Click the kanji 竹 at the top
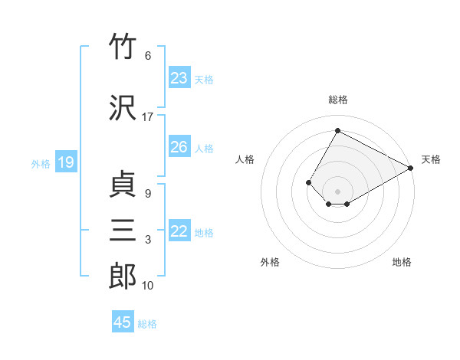[123, 45]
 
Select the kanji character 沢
[123, 107]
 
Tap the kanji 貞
[123, 184]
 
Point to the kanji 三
[123, 230]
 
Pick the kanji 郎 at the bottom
[123, 276]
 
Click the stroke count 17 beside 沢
[147, 117]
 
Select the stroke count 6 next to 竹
[148, 56]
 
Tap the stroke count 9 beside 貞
[148, 194]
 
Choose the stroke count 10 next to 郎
[147, 286]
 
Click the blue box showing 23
[179, 77]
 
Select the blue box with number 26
[179, 146]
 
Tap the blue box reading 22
[179, 230]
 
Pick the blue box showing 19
[66, 162]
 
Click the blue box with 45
[123, 321]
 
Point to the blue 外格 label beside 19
[41, 164]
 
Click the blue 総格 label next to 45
[147, 324]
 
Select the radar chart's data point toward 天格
[411, 168]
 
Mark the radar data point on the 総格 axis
[337, 130]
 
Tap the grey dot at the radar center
[337, 191]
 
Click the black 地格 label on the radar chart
[402, 262]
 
